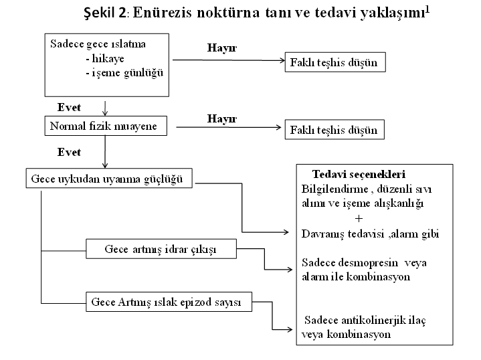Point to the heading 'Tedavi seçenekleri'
(x=359, y=175)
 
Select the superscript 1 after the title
(x=427, y=9)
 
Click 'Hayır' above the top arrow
(x=222, y=48)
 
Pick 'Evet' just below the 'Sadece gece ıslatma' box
(x=69, y=108)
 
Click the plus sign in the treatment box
(x=359, y=219)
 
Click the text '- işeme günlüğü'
(x=124, y=73)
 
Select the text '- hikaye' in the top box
(x=105, y=58)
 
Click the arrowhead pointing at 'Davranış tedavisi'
(x=286, y=232)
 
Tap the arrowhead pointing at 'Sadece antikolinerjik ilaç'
(x=290, y=330)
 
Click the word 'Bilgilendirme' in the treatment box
(x=334, y=189)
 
